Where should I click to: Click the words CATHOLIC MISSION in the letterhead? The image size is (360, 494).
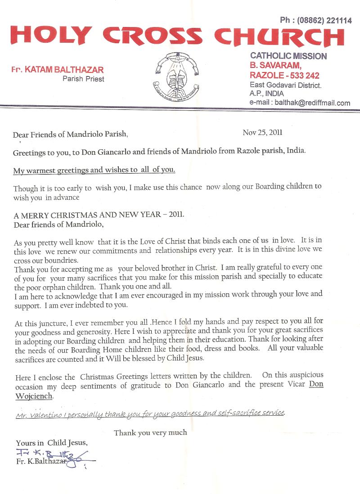click(x=288, y=56)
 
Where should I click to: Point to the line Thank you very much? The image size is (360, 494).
click(x=150, y=433)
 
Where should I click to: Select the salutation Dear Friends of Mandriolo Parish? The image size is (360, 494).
click(x=71, y=134)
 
